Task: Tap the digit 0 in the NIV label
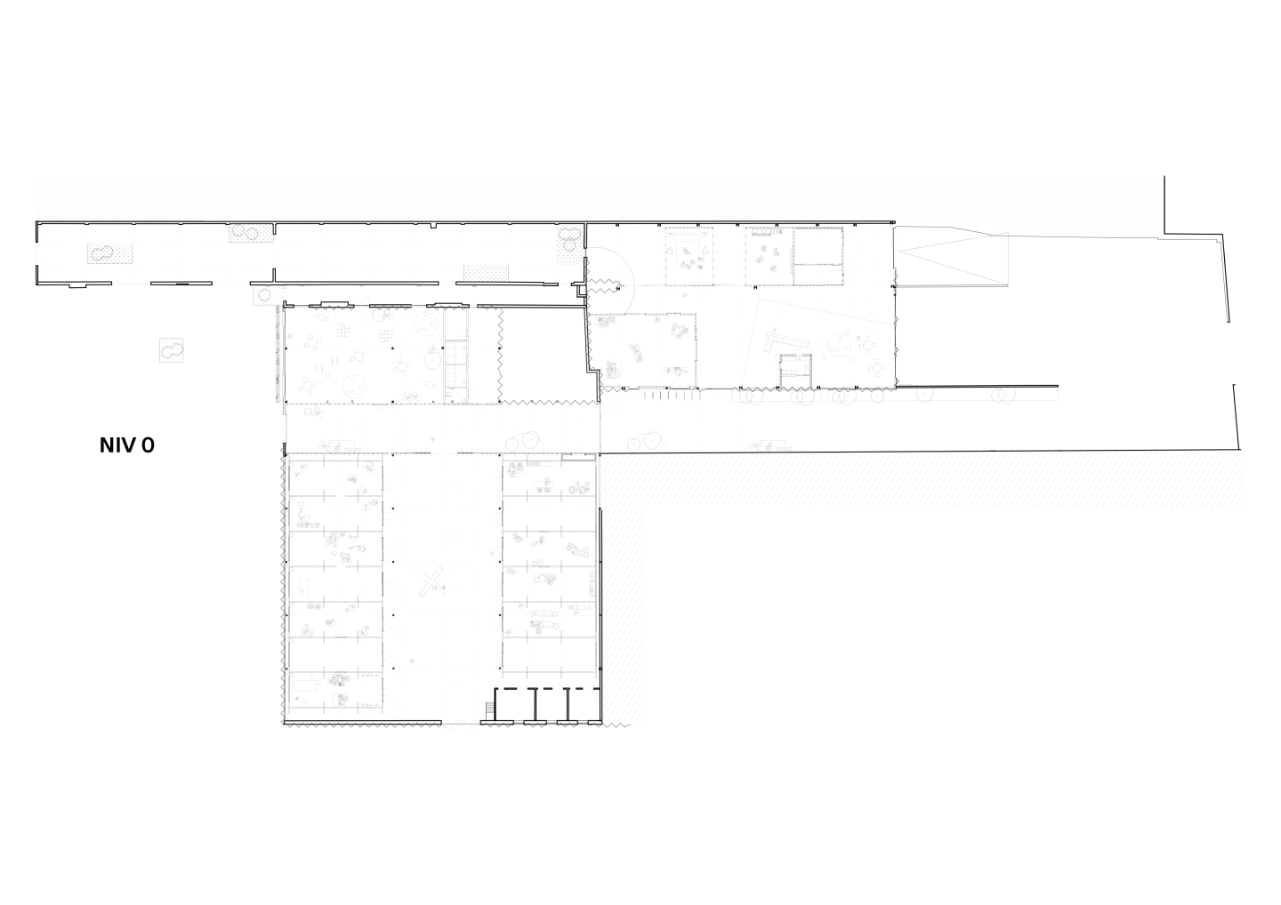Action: (148, 445)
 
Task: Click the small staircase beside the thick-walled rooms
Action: (489, 710)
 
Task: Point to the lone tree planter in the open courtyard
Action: (171, 350)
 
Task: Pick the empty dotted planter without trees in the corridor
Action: (486, 273)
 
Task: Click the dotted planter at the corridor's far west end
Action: (109, 253)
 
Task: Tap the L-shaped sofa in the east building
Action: (786, 343)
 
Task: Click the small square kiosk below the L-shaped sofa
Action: (796, 370)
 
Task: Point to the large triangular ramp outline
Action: (952, 257)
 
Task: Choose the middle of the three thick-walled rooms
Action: (551, 705)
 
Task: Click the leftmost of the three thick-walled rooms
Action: (515, 705)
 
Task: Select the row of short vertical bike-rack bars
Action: (666, 394)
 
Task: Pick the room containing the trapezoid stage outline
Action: (689, 256)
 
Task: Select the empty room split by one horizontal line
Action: (818, 256)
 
